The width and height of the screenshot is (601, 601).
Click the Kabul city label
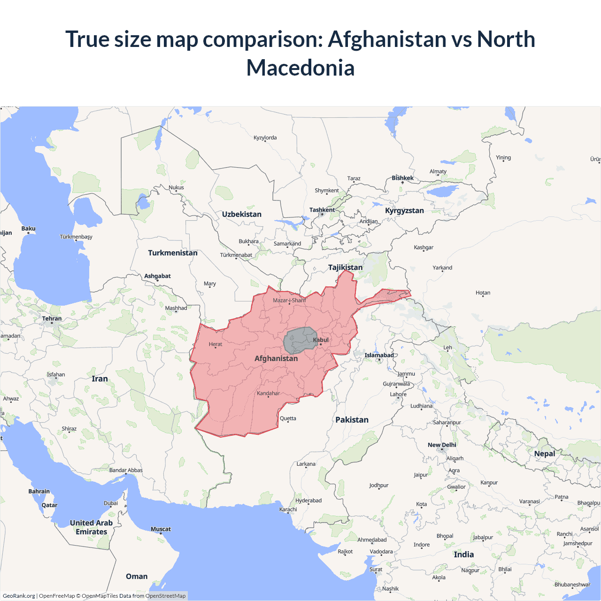click(x=321, y=340)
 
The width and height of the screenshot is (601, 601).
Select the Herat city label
click(x=216, y=344)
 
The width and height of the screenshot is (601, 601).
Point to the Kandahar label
click(x=268, y=393)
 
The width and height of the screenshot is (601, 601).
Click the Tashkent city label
click(x=322, y=210)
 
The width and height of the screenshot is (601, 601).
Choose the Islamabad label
click(x=379, y=355)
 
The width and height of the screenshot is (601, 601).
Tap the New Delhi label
click(x=442, y=445)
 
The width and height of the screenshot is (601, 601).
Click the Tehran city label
click(x=52, y=318)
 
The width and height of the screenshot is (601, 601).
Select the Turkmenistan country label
click(x=173, y=253)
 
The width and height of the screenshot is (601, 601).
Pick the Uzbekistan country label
click(x=242, y=214)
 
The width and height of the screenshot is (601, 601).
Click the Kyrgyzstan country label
click(x=404, y=210)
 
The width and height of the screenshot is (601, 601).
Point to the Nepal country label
click(x=545, y=454)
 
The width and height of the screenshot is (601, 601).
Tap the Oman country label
click(x=137, y=576)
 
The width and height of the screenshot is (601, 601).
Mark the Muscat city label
click(x=161, y=529)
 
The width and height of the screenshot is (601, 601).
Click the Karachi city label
click(x=288, y=509)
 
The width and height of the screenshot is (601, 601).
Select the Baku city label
click(x=28, y=229)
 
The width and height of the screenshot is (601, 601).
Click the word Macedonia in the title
click(x=300, y=68)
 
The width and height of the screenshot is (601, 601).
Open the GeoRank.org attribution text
click(x=19, y=596)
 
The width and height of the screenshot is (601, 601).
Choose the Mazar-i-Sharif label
click(x=289, y=300)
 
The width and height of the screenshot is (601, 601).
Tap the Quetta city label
click(x=288, y=418)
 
